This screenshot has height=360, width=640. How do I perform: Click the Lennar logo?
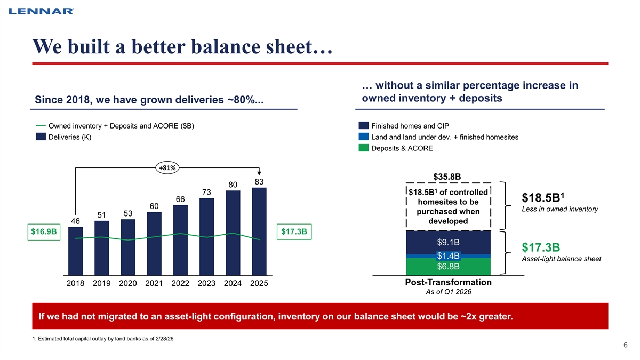(x=41, y=11)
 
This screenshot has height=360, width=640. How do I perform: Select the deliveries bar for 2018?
(x=75, y=251)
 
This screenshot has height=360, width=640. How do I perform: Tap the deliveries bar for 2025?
(x=259, y=231)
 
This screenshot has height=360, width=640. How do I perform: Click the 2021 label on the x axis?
(x=154, y=283)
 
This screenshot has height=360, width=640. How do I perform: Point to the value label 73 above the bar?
(x=206, y=193)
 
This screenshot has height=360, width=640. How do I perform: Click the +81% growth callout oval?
(x=167, y=167)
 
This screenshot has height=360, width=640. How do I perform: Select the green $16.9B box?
(x=44, y=231)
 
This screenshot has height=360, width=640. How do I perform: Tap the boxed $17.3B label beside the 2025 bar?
(x=294, y=231)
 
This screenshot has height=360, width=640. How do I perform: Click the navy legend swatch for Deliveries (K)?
(x=41, y=137)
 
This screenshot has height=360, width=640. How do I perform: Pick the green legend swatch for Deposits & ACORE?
(x=363, y=148)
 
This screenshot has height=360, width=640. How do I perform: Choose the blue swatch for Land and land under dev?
(x=363, y=137)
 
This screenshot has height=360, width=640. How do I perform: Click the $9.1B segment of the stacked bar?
(x=449, y=243)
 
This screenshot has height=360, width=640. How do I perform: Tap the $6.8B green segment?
(x=449, y=267)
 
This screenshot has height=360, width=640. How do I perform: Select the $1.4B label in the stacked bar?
(x=449, y=255)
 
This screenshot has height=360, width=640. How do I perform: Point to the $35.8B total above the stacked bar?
(x=447, y=177)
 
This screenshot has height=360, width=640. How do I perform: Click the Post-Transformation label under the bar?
(x=449, y=282)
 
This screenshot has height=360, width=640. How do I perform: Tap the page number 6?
(x=626, y=345)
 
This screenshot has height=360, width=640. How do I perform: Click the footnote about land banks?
(x=103, y=339)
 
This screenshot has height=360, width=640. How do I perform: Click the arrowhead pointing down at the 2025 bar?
(x=259, y=173)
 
